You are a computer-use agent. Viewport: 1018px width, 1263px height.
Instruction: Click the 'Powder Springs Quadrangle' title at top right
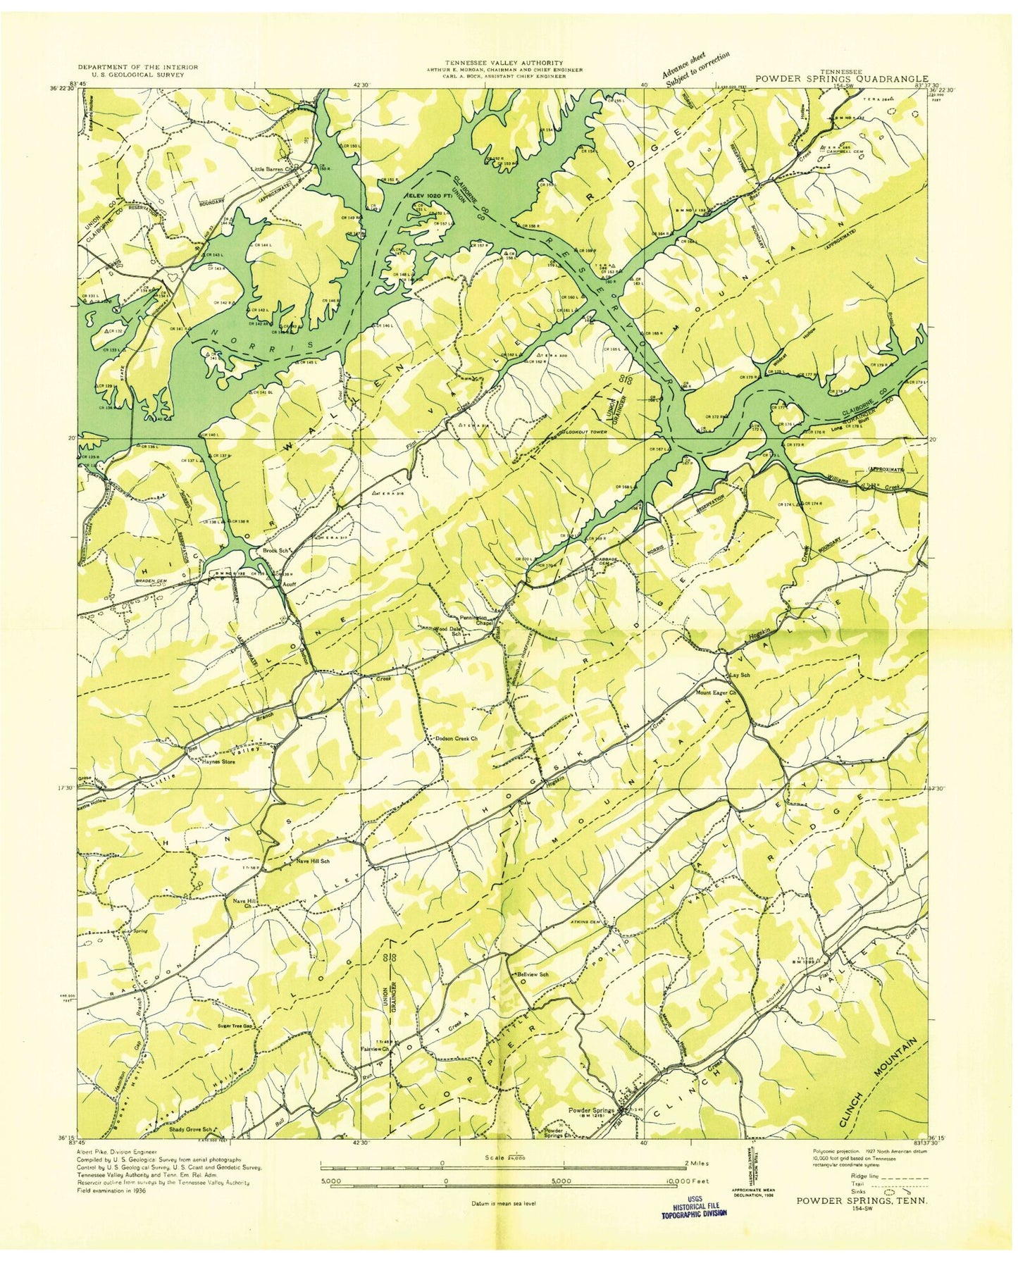click(842, 80)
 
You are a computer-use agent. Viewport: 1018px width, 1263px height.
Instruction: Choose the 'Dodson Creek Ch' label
click(457, 738)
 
